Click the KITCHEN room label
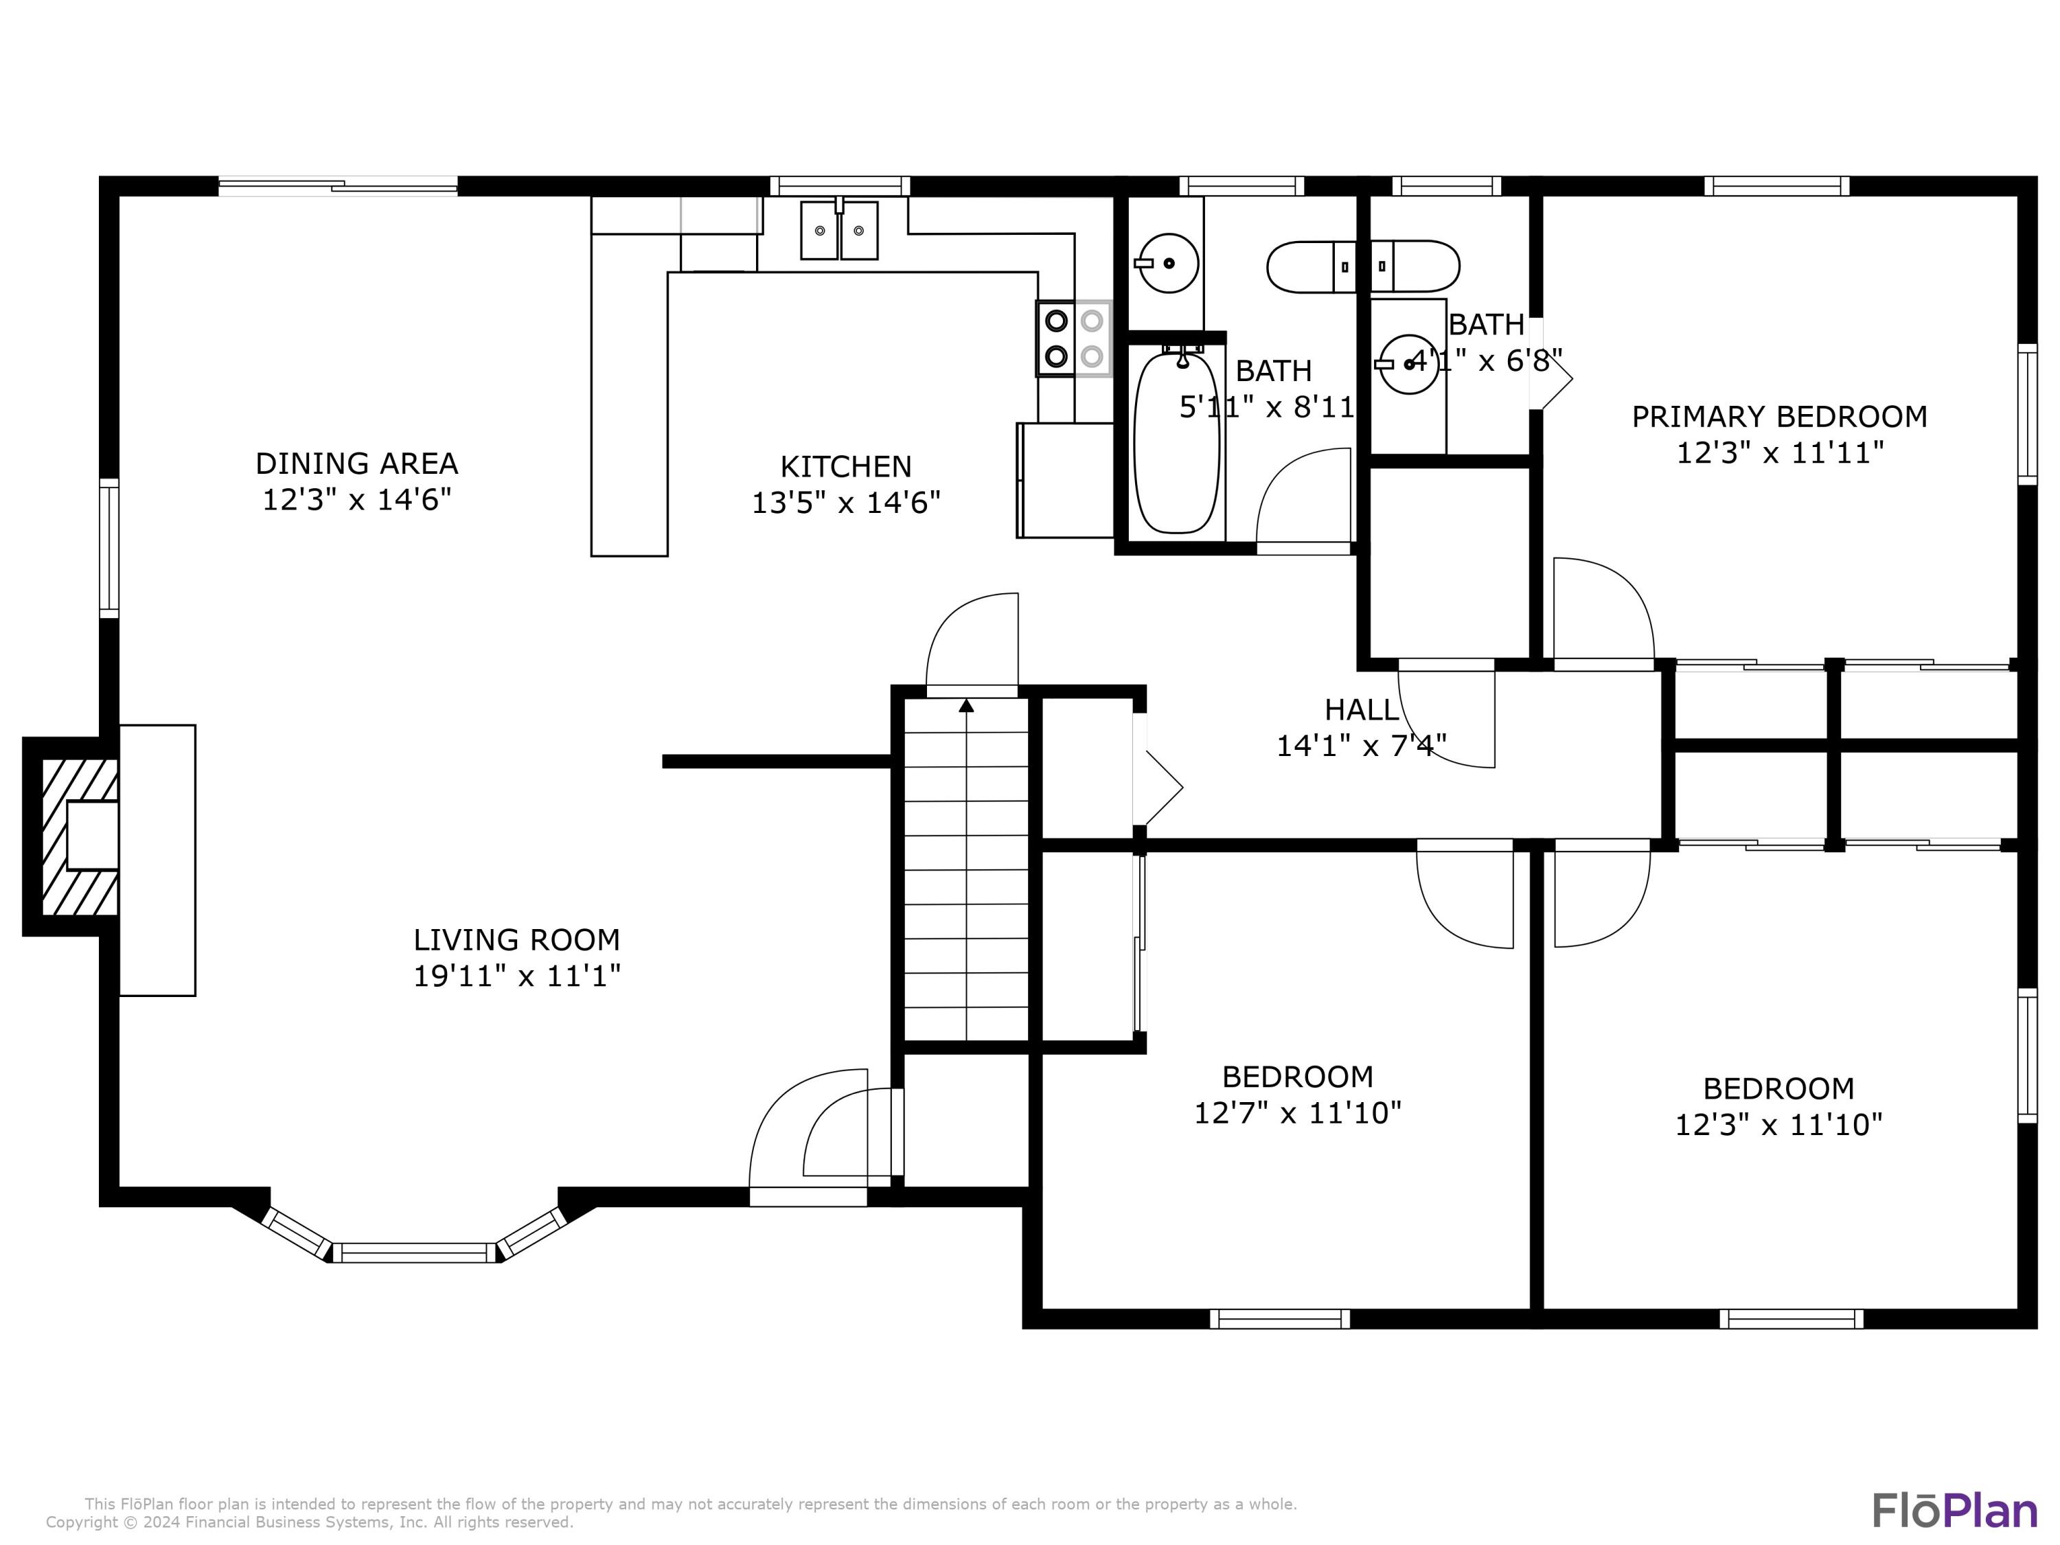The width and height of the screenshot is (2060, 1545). pos(845,466)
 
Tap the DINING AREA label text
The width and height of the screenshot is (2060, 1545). pos(356,463)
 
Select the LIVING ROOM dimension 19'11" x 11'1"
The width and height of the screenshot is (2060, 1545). pos(517,976)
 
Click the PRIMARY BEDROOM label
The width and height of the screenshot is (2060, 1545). pos(1778,416)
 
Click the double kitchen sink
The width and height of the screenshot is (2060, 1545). pos(839,230)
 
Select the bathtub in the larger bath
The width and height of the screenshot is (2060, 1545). pos(1176,442)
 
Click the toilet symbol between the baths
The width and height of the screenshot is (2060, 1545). pos(1362,267)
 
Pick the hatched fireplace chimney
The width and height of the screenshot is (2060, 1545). pos(78,837)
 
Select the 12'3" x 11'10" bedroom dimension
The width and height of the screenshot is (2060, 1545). pos(1778,1125)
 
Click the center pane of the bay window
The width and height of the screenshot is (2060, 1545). pos(415,1252)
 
